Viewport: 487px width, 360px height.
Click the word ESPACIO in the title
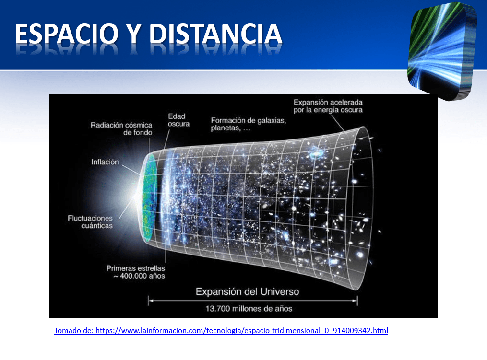(x=67, y=34)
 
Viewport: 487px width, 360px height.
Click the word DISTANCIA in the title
(x=216, y=34)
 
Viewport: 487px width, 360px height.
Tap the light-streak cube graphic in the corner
(x=442, y=51)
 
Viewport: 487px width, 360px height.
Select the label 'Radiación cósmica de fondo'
(x=121, y=129)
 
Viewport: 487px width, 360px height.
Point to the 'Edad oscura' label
(x=178, y=120)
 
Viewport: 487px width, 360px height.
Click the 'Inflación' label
(x=105, y=162)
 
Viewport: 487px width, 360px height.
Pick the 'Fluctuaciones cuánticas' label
(x=90, y=222)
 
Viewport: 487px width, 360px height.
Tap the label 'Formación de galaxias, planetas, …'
(x=249, y=124)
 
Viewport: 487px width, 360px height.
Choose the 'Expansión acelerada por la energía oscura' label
(x=328, y=106)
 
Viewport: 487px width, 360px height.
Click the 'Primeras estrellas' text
(x=136, y=268)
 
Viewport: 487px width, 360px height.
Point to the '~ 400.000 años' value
(x=139, y=276)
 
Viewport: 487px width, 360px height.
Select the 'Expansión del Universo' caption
(x=247, y=292)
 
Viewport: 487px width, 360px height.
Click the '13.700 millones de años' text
(x=249, y=309)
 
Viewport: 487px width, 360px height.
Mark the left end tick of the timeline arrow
(x=148, y=301)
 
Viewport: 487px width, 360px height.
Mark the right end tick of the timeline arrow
(x=357, y=301)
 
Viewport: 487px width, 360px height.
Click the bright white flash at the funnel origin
(x=135, y=197)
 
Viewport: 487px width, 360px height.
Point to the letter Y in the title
(x=134, y=34)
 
